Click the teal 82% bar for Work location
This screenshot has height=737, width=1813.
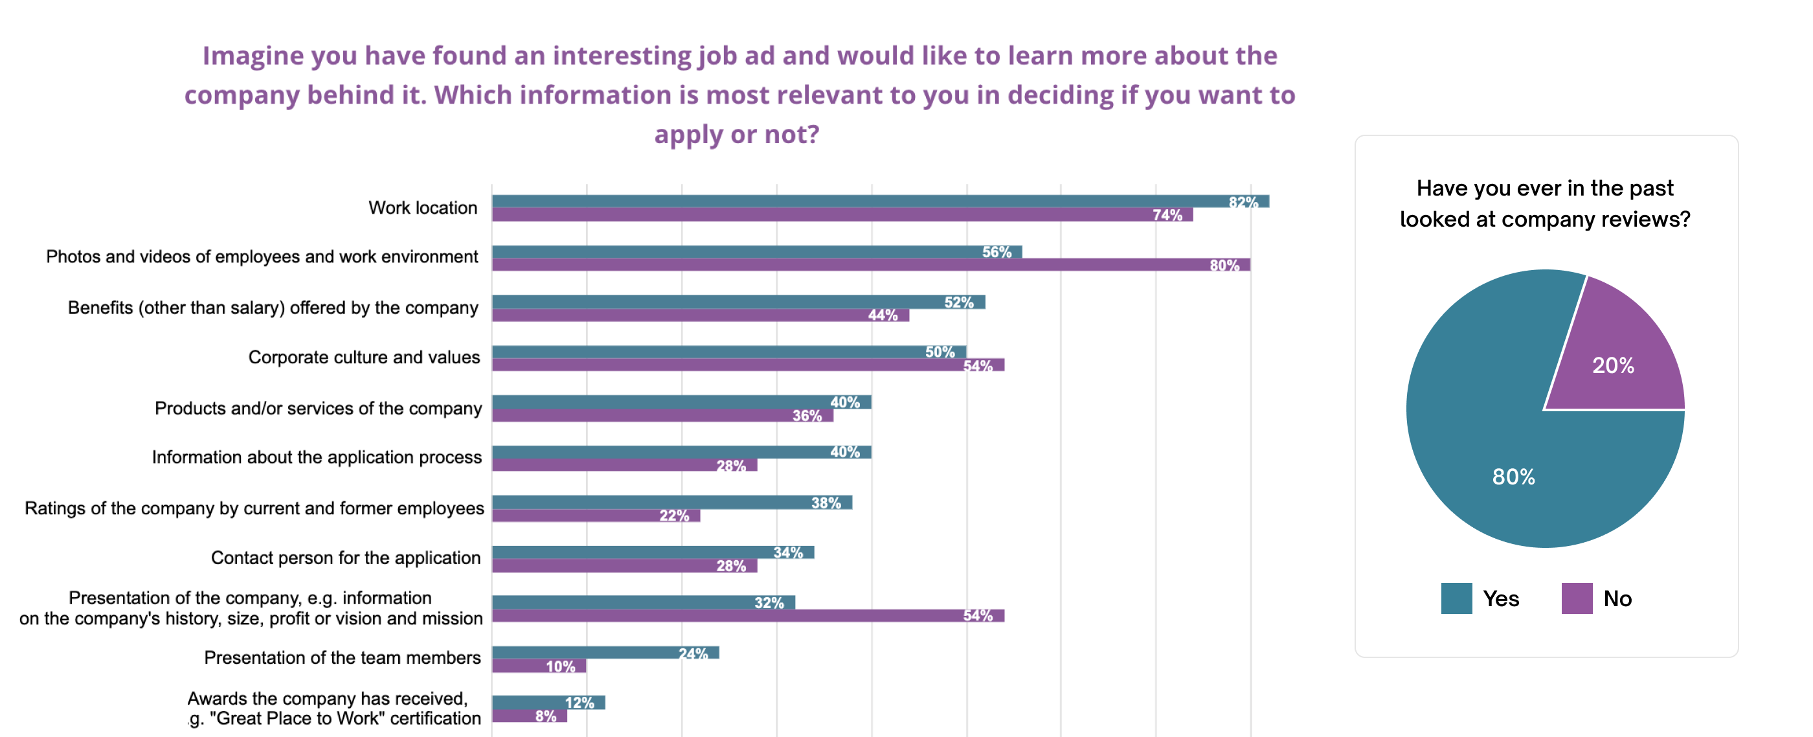pyautogui.click(x=880, y=201)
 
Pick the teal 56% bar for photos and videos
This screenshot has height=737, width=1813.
pyautogui.click(x=756, y=252)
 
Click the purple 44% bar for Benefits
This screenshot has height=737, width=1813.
pyautogui.click(x=701, y=315)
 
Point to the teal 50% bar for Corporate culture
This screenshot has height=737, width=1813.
pyautogui.click(x=728, y=352)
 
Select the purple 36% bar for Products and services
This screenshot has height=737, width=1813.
pyautogui.click(x=662, y=415)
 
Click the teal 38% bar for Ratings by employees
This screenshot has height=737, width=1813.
pyautogui.click(x=671, y=503)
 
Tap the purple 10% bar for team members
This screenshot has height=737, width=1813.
pyautogui.click(x=539, y=666)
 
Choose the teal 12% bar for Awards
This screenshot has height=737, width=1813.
pyautogui.click(x=548, y=703)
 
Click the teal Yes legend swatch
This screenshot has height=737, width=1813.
pyautogui.click(x=1456, y=598)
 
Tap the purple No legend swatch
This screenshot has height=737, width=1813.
pyautogui.click(x=1577, y=598)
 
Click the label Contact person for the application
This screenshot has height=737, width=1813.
pyautogui.click(x=346, y=558)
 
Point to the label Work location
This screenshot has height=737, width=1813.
pyautogui.click(x=422, y=208)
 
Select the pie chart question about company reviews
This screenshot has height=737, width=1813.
pyautogui.click(x=1545, y=203)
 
